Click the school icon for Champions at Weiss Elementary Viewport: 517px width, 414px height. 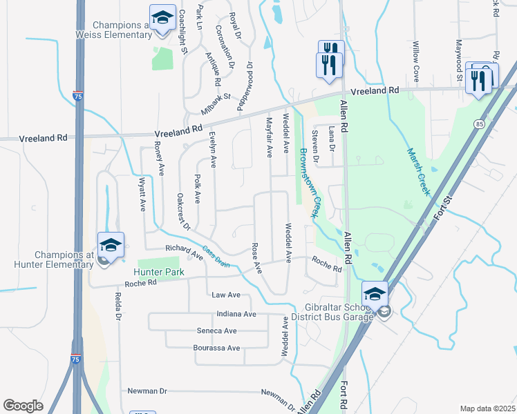[x=162, y=19]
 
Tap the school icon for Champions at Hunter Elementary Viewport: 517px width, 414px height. [x=111, y=246]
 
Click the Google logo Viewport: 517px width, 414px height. [x=23, y=405]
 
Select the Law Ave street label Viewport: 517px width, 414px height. [x=226, y=295]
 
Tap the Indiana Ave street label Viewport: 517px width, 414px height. [x=236, y=314]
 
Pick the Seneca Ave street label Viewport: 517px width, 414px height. [x=220, y=331]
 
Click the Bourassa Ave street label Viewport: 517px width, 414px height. [x=217, y=348]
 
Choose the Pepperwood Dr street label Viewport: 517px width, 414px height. [x=245, y=86]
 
